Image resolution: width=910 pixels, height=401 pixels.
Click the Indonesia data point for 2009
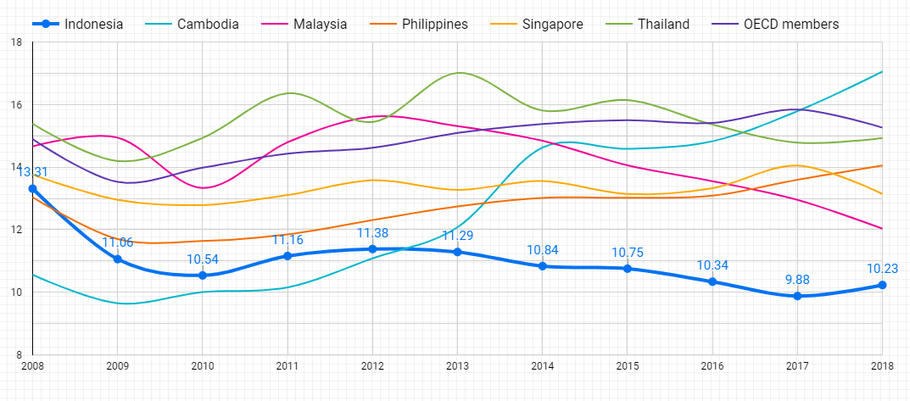pos(117,259)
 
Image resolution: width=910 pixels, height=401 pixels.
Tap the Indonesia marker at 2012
pos(372,249)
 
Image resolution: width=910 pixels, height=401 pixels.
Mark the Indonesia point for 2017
pos(797,296)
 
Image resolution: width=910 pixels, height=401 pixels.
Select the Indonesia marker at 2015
pos(628,269)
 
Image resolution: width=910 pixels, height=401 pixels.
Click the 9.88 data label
pos(797,280)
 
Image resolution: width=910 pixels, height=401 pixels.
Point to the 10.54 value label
pos(202,259)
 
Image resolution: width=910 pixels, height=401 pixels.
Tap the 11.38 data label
pos(372,233)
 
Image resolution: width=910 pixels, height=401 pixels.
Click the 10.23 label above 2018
pos(882,269)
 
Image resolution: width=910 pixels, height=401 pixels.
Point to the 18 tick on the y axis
pos(16,42)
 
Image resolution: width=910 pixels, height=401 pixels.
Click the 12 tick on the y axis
pos(16,230)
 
